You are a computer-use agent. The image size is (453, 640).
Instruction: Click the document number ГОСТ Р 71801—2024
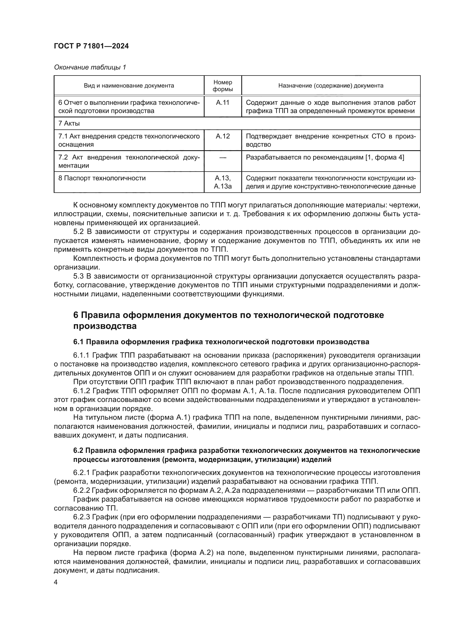pyautogui.click(x=91, y=46)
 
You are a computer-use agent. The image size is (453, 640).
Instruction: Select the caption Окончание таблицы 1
pyautogui.click(x=90, y=67)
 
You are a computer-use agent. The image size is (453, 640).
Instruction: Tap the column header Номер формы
pyautogui.click(x=223, y=86)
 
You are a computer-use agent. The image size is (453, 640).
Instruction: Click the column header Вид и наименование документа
pyautogui.click(x=129, y=86)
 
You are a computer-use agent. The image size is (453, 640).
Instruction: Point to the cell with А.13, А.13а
pyautogui.click(x=223, y=182)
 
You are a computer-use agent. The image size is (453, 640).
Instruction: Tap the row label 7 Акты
pyautogui.click(x=69, y=123)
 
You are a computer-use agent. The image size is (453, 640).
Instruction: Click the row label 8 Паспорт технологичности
pyautogui.click(x=102, y=178)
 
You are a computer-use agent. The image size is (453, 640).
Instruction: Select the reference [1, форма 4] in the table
pyautogui.click(x=384, y=158)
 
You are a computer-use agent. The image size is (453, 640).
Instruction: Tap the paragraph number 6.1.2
pyautogui.click(x=81, y=391)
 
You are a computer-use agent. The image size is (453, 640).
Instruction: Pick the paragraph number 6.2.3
pyautogui.click(x=81, y=517)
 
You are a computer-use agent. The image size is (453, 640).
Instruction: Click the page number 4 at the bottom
pyautogui.click(x=56, y=582)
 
